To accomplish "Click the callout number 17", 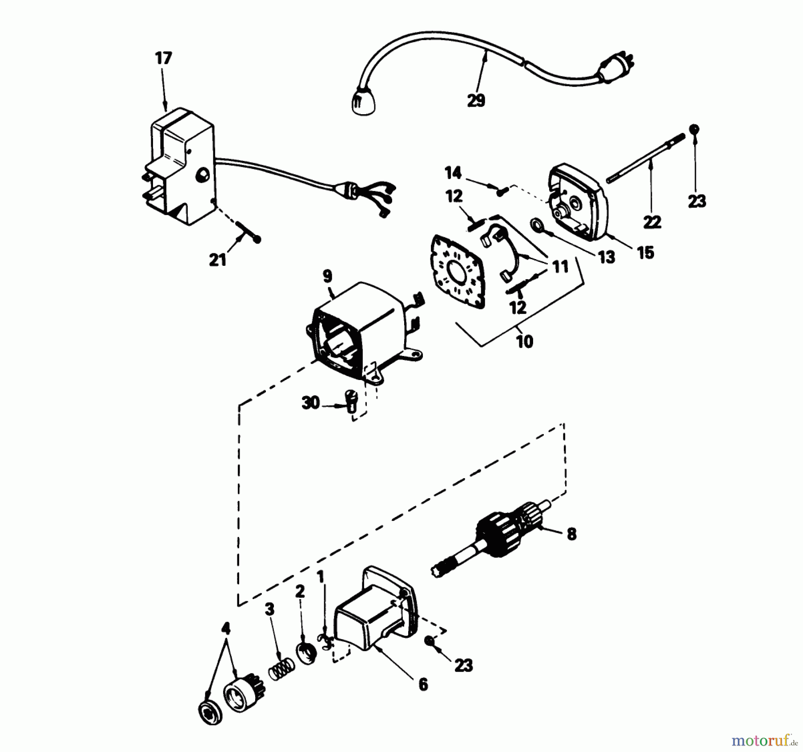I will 163,58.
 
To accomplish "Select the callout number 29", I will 476,101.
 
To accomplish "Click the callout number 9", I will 327,277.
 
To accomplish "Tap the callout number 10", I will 525,342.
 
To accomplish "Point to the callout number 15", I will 646,252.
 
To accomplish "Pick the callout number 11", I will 560,267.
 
